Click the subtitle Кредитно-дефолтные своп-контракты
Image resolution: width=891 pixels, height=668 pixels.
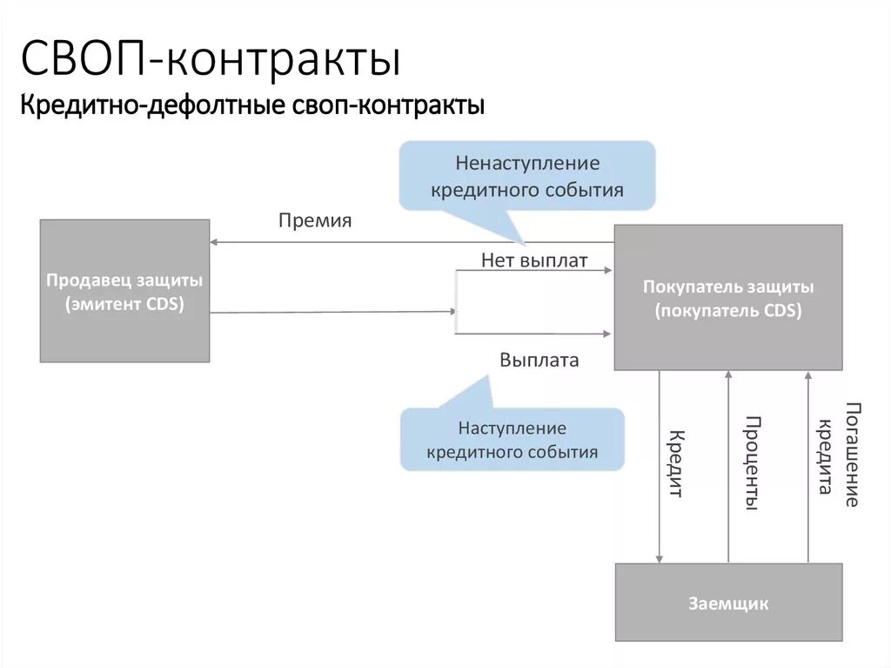[252, 106]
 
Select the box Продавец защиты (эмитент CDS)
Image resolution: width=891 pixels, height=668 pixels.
[124, 291]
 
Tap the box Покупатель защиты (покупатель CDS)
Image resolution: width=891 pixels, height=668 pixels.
[728, 297]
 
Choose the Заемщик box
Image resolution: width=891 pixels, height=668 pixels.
[728, 603]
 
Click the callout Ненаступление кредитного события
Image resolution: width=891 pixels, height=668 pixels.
[527, 176]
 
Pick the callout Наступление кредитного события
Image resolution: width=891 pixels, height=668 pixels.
[512, 440]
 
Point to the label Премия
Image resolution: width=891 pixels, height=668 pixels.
[315, 220]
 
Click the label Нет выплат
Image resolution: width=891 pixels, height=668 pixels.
[534, 260]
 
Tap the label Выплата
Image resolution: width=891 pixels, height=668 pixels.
[539, 360]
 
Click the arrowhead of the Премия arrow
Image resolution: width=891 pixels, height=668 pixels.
[215, 242]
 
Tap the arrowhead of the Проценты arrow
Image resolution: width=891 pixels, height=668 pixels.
[729, 375]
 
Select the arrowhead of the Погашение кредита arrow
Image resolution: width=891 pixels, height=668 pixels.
[808, 375]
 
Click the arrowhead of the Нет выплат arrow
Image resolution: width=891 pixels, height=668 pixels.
[608, 270]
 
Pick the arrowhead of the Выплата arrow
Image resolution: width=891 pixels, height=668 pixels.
[608, 333]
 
